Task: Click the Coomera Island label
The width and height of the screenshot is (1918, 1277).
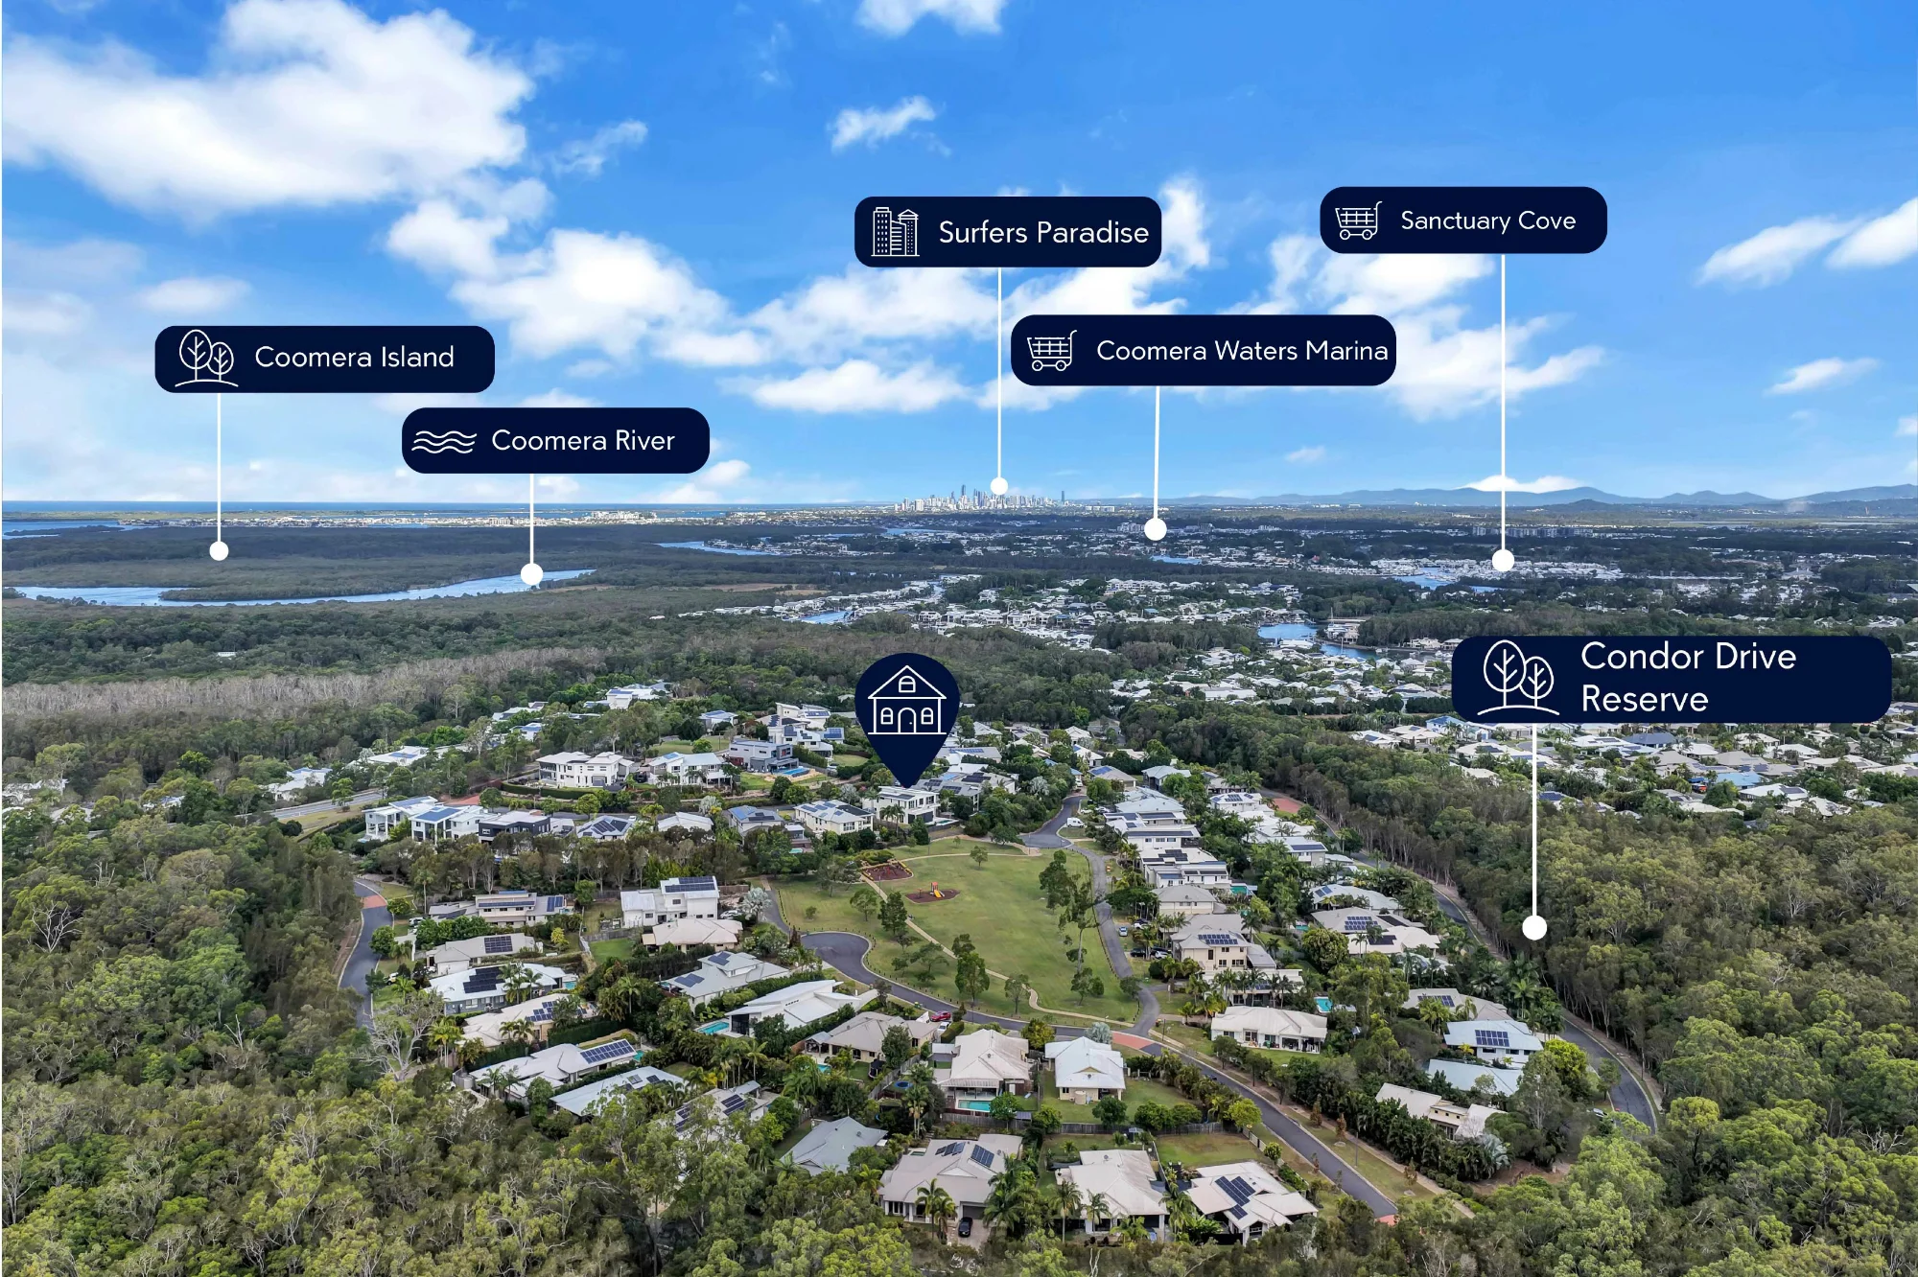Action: (x=324, y=359)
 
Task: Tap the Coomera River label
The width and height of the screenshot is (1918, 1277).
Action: (x=555, y=440)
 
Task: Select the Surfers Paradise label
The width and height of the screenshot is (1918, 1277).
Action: (x=1008, y=231)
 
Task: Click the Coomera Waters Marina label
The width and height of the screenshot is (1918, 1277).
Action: (x=1204, y=350)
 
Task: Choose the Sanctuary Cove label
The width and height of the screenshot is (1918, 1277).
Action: (x=1463, y=220)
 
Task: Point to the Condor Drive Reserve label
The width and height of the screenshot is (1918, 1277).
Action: (x=1672, y=679)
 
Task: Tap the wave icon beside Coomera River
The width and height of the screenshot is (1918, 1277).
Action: (x=444, y=441)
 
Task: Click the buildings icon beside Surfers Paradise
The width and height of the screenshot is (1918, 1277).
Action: (x=895, y=231)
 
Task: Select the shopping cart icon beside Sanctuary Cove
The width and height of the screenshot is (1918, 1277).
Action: (x=1358, y=221)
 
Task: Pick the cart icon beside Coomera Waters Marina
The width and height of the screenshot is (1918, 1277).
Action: (x=1051, y=351)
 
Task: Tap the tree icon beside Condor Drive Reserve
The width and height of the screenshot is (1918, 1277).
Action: (x=1519, y=678)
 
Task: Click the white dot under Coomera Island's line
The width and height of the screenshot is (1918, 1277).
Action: (x=219, y=551)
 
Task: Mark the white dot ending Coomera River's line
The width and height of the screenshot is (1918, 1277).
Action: (x=531, y=575)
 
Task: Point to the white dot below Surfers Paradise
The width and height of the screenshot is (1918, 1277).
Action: (x=999, y=486)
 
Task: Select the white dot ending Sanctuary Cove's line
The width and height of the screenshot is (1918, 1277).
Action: (x=1503, y=561)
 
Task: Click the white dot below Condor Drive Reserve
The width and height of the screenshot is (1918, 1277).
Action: (x=1534, y=927)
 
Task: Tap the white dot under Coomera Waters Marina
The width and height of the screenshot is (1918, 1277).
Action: (x=1156, y=529)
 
